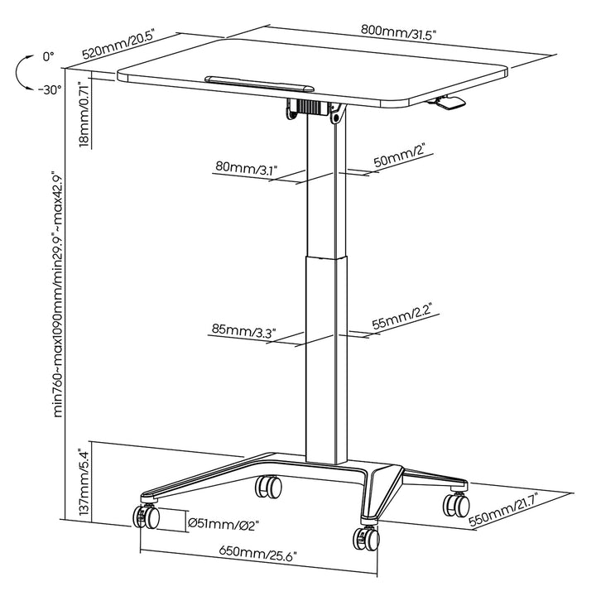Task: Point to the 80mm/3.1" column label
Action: point(246,168)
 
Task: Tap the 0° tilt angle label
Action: point(48,57)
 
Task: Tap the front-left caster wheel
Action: point(146,517)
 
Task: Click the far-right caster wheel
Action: point(454,502)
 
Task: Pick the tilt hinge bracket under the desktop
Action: point(315,109)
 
